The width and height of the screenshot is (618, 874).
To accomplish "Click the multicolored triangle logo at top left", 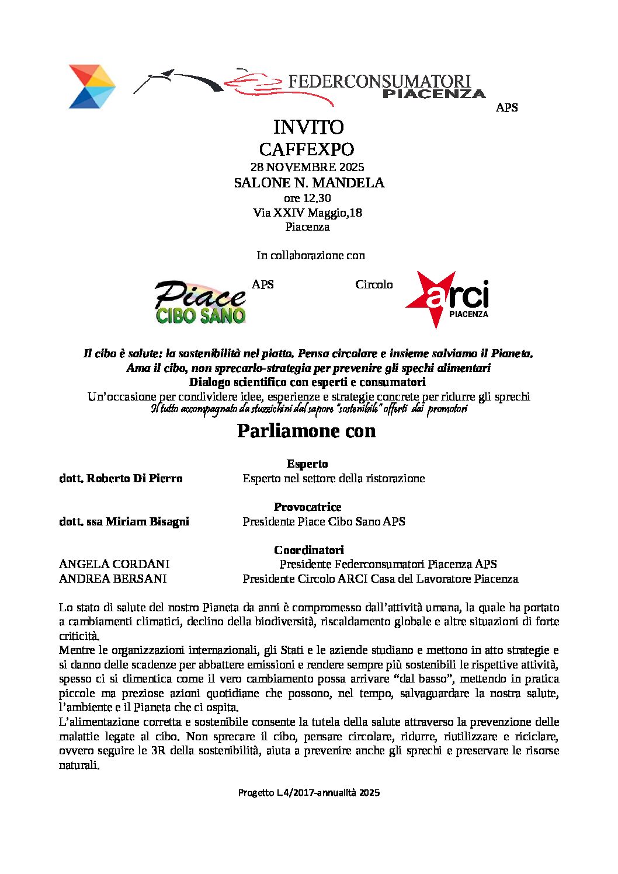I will coord(92,86).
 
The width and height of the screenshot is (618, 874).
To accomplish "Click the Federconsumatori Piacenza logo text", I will coord(380,86).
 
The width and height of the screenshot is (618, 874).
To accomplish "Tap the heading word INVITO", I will coord(308,127).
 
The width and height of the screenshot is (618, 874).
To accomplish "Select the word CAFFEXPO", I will coord(307,149).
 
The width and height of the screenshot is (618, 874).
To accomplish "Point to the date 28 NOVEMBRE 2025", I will coord(307,167).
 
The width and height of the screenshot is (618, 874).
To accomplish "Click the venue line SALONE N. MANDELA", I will coord(309,183).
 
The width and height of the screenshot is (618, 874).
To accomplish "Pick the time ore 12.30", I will coord(307,198).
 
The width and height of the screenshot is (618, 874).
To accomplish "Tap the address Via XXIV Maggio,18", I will coord(307,213).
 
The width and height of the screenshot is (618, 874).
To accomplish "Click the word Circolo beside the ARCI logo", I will coord(374,284).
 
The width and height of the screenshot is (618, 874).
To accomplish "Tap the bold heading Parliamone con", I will coord(306,431).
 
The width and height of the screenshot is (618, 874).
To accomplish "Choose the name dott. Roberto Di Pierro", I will coord(121,478).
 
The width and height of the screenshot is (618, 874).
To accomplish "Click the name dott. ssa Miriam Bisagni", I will coord(124,521).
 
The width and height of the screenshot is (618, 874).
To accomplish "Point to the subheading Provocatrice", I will coord(307,507).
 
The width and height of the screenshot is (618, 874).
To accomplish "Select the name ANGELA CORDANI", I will coord(114,564).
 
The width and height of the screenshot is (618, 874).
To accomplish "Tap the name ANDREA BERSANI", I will coord(113,579).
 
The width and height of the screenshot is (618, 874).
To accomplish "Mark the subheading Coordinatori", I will coord(308,550).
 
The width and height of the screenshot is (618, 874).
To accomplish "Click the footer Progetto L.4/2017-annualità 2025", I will coord(308,792).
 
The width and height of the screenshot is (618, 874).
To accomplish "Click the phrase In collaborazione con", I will coord(310,255).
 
